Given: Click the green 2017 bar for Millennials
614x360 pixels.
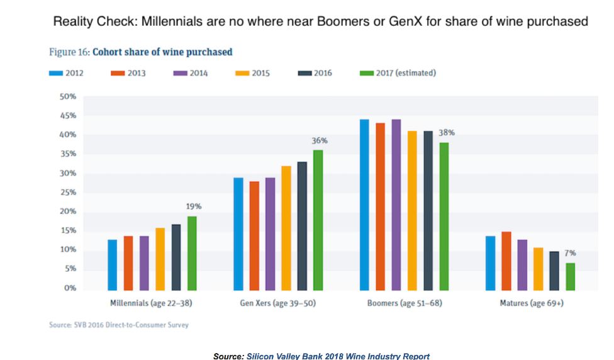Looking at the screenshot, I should [x=192, y=252].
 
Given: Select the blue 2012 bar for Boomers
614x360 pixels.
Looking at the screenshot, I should [x=364, y=204].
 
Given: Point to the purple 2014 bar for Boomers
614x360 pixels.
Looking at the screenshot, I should [x=396, y=204].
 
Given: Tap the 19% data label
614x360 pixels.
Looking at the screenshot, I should [x=193, y=206].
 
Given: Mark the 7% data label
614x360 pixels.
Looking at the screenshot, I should [x=570, y=253].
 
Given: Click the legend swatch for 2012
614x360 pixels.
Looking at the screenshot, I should [x=55, y=73].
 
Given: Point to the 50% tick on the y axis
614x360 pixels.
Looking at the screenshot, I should [x=67, y=97].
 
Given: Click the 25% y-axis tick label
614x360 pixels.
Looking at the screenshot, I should [x=67, y=193].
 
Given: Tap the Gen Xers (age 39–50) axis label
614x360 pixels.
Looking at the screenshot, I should [x=278, y=303].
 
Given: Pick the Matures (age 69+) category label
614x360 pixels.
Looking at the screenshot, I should [x=531, y=303].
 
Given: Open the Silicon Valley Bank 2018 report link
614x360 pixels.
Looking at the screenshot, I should [x=338, y=356].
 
